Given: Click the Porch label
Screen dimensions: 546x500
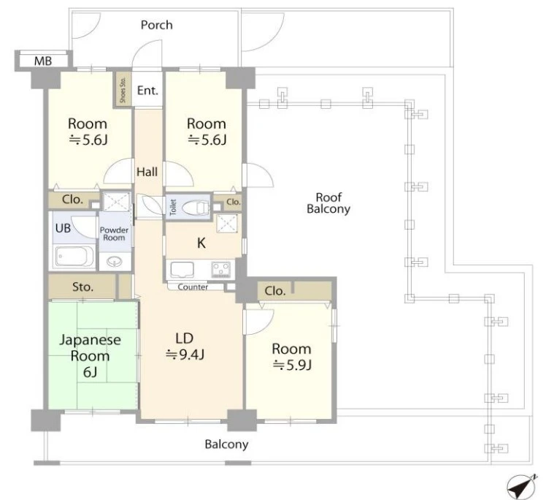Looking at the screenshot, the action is [x=156, y=25].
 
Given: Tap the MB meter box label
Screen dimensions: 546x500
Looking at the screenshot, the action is [x=43, y=61].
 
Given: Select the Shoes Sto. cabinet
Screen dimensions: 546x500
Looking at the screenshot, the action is [x=123, y=89].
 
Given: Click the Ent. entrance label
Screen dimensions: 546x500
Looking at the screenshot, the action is [x=147, y=91].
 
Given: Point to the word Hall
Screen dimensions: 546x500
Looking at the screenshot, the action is [x=147, y=172].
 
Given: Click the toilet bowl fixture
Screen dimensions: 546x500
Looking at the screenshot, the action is [x=195, y=208].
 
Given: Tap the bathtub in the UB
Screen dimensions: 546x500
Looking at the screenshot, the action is [x=74, y=257].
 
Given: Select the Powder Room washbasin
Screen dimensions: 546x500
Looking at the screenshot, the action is [x=115, y=261].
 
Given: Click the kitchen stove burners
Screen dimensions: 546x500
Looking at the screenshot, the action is [x=221, y=270].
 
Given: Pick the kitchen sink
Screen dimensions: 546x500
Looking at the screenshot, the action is [x=182, y=270].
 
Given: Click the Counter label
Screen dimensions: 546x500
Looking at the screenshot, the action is [x=193, y=287].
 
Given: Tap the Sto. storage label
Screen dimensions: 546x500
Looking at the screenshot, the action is [x=82, y=287].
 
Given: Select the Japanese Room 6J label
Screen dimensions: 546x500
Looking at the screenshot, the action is [x=90, y=356].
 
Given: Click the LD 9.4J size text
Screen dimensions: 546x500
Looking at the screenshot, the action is [x=185, y=355].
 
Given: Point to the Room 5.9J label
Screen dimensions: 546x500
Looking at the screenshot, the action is [x=291, y=357].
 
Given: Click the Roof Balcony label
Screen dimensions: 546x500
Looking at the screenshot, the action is [x=328, y=203].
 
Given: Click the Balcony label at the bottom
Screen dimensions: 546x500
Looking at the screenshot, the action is [x=226, y=444].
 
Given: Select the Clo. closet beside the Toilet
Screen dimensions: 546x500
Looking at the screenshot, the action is [x=233, y=202].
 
